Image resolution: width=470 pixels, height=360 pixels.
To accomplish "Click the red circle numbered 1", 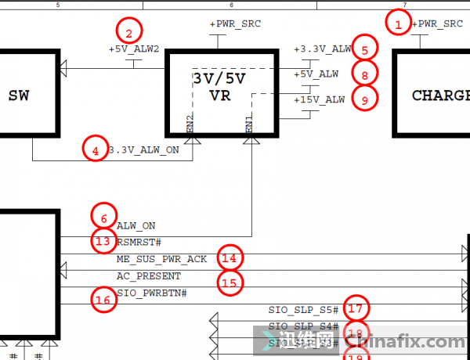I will tap(399, 24).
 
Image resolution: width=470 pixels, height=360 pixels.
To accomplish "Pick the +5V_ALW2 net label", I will tap(134, 49).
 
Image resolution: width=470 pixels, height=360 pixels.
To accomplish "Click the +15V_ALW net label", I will tap(319, 99).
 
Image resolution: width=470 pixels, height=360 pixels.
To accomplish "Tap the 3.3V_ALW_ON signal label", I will tap(150, 149).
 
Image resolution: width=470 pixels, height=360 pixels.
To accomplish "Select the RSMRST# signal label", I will tap(139, 242).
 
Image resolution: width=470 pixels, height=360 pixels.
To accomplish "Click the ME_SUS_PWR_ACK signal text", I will tap(162, 259).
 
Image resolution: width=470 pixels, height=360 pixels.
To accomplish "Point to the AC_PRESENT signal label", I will tap(149, 276).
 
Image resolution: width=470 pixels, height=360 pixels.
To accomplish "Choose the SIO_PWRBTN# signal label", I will tap(152, 293).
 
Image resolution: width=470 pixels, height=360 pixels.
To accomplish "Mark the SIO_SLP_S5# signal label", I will tap(303, 310).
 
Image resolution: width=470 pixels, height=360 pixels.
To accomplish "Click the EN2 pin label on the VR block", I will tap(190, 122).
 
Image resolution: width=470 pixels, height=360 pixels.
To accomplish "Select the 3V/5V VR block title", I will tap(220, 88).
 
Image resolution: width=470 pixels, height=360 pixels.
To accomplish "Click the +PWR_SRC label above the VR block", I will tap(235, 24).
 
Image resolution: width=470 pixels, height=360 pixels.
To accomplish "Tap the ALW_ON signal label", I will tap(136, 225).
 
